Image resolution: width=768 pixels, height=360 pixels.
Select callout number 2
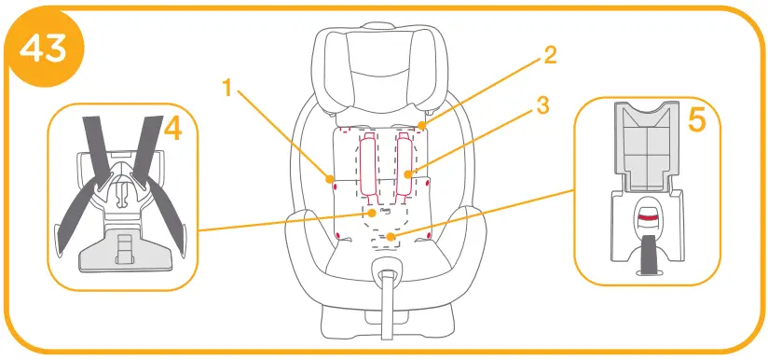551,55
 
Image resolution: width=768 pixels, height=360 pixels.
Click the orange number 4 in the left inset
171,131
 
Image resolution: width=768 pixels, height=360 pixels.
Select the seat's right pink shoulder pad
405,163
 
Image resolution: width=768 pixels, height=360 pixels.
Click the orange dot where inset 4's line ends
372,213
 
